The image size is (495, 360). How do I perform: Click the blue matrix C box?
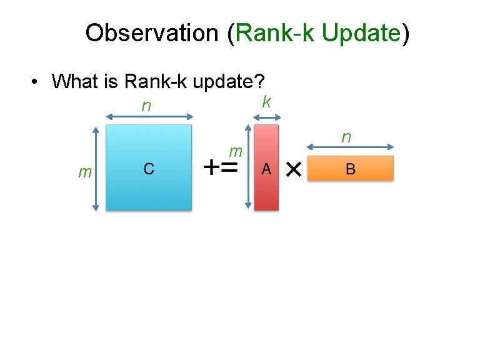149,167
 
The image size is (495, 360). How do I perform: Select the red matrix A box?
266,167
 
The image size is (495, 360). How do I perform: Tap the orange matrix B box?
350,168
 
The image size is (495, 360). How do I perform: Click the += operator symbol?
221,168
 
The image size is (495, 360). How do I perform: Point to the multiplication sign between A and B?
292,169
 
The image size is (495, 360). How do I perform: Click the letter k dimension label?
266,101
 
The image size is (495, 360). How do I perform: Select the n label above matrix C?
146,106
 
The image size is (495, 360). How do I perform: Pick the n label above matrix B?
346,136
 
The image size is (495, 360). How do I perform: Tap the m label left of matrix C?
84,172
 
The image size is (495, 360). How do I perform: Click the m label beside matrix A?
236,151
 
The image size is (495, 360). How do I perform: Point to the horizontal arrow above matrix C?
149,116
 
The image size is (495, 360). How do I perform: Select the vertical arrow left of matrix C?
96,169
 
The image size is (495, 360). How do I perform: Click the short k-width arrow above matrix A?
266,116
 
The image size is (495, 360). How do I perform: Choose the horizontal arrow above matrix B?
351,147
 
